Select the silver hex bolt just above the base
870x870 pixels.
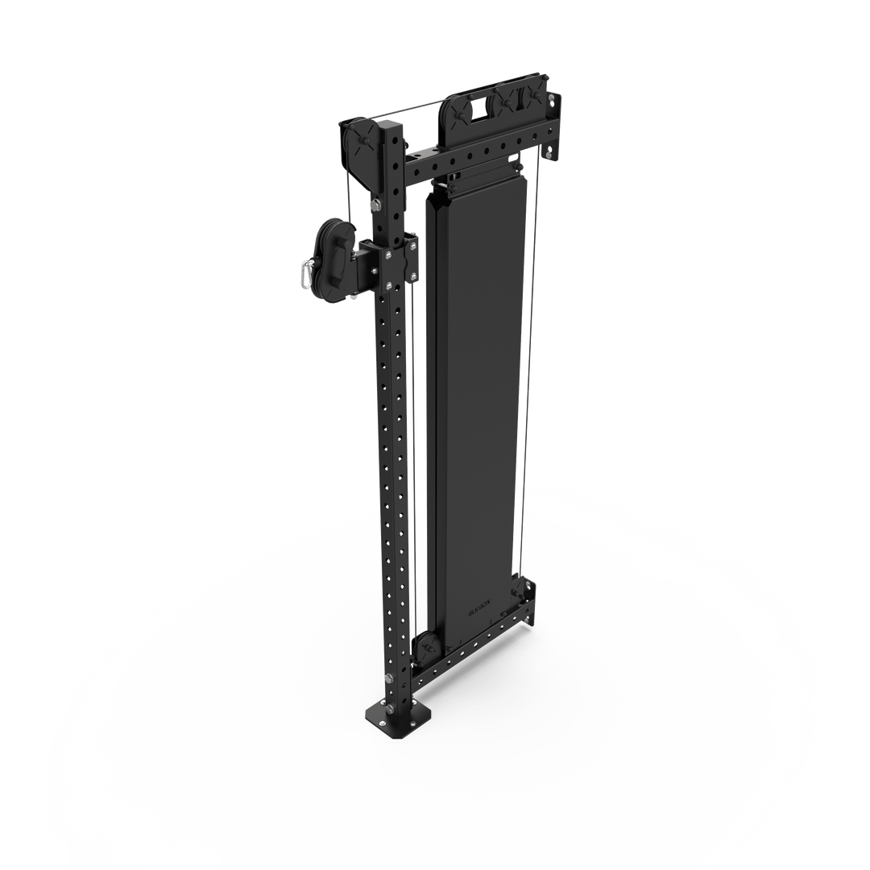(389, 681)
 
